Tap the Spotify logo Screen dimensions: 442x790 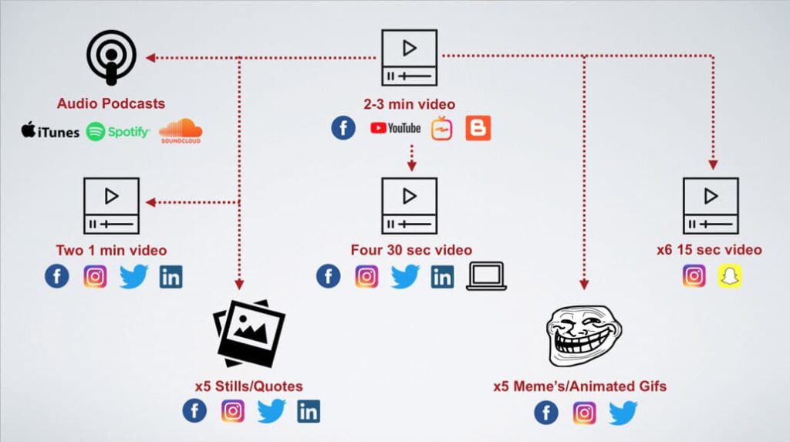(x=118, y=132)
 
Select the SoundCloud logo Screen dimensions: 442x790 (x=181, y=131)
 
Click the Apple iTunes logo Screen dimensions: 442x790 (x=50, y=132)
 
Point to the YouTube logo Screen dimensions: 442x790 (x=395, y=128)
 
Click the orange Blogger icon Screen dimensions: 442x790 (x=478, y=128)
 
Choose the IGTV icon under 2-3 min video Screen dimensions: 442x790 (x=442, y=128)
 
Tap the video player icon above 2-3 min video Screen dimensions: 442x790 (x=409, y=58)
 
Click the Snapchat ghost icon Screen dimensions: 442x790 (x=729, y=276)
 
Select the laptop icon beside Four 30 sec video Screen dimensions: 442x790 (x=486, y=276)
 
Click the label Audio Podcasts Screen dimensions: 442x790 (x=111, y=103)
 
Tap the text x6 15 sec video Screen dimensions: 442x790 (x=709, y=250)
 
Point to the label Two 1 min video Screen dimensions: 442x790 (x=111, y=251)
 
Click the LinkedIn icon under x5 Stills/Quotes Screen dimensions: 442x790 (x=309, y=411)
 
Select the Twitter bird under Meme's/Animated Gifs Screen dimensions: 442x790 (x=623, y=413)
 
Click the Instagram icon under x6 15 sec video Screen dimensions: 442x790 (x=694, y=276)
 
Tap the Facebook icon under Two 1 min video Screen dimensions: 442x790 (x=57, y=276)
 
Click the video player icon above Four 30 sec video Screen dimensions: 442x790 (x=409, y=206)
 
